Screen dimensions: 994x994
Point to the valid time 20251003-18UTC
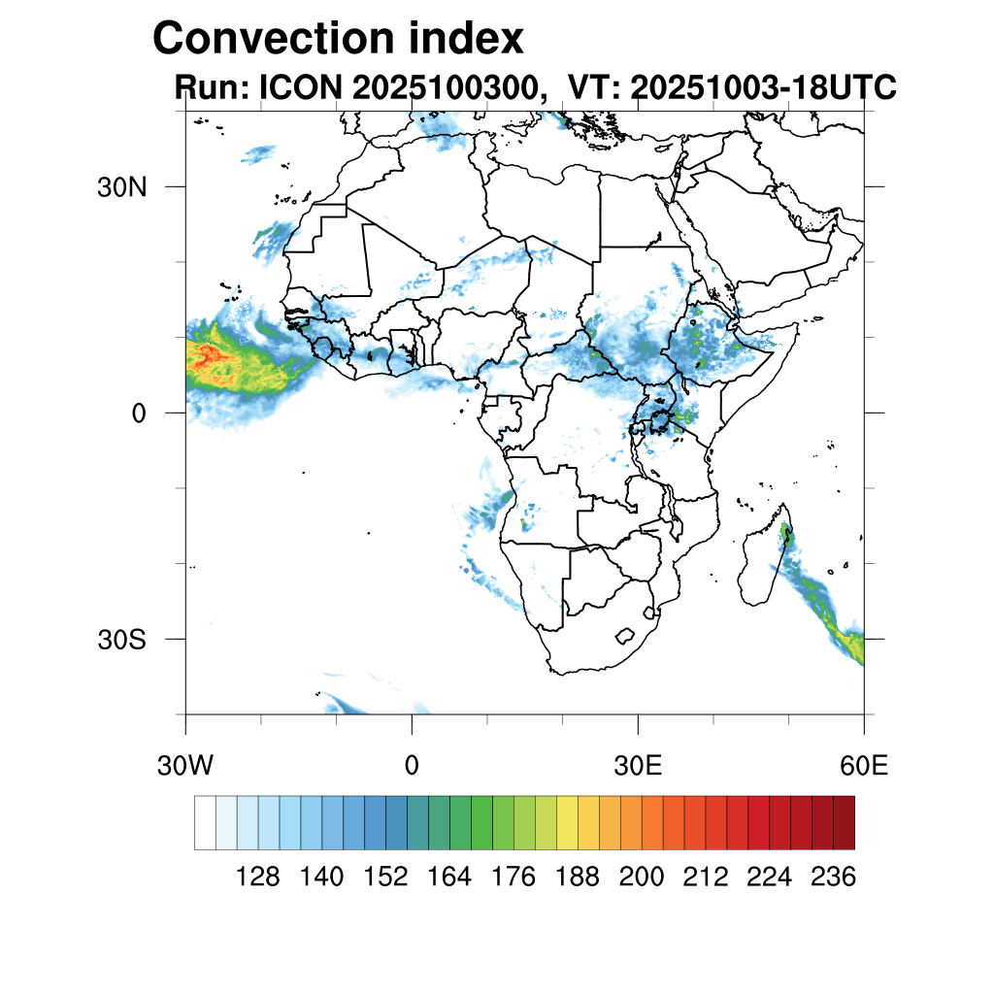763,88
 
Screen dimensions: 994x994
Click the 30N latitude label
122,187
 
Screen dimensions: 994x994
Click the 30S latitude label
122,640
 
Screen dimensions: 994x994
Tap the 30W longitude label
185,766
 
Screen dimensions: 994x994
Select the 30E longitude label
638,766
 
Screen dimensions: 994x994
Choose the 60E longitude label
864,766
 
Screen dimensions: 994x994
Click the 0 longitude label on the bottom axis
412,766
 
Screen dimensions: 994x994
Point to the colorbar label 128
258,878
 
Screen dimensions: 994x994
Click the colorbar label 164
449,878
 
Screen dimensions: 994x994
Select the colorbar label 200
642,878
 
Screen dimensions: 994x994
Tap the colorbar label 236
833,878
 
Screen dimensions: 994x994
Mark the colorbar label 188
578,878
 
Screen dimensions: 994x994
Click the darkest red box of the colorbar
844,822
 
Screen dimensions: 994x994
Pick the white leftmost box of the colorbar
205,822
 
